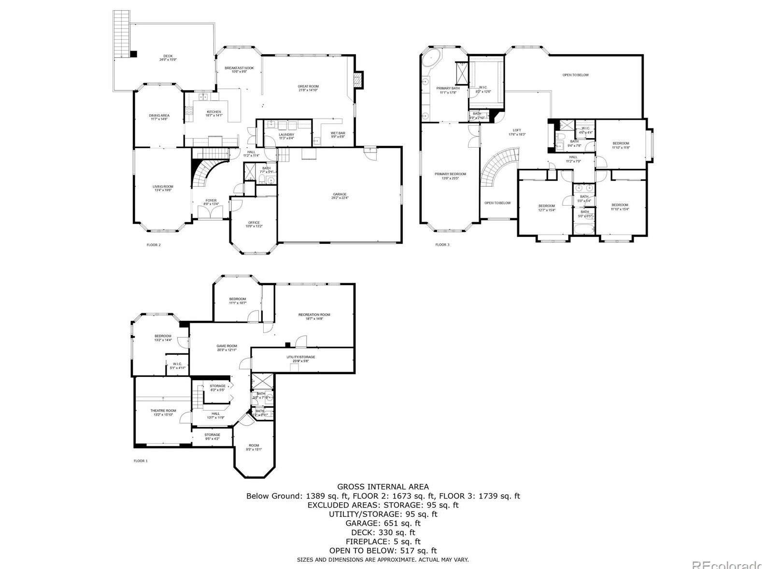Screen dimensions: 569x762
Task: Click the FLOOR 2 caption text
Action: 154,245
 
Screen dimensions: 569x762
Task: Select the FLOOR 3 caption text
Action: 442,245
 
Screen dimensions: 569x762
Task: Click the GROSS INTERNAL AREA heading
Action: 382,487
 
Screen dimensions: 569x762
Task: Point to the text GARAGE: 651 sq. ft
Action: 382,523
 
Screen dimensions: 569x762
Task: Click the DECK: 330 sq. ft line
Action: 382,532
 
